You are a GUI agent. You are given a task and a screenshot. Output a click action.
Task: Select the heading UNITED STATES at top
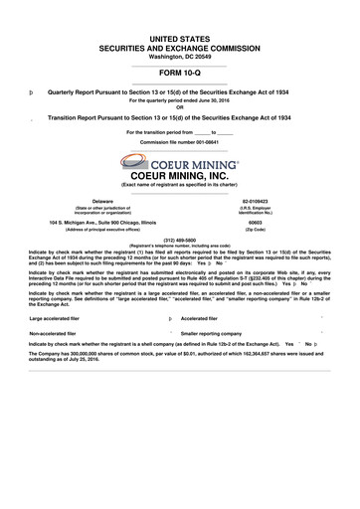[179, 36]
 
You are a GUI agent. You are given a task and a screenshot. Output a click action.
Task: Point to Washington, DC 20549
[179, 56]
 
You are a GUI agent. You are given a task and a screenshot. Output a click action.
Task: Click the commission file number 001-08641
[198, 141]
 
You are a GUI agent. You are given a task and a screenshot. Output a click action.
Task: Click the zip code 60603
[256, 222]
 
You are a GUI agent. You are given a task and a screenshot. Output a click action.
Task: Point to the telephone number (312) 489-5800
[179, 239]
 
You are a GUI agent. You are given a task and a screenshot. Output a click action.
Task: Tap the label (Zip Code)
[256, 230]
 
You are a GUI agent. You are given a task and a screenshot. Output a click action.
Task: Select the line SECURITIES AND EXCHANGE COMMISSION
[179, 47]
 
